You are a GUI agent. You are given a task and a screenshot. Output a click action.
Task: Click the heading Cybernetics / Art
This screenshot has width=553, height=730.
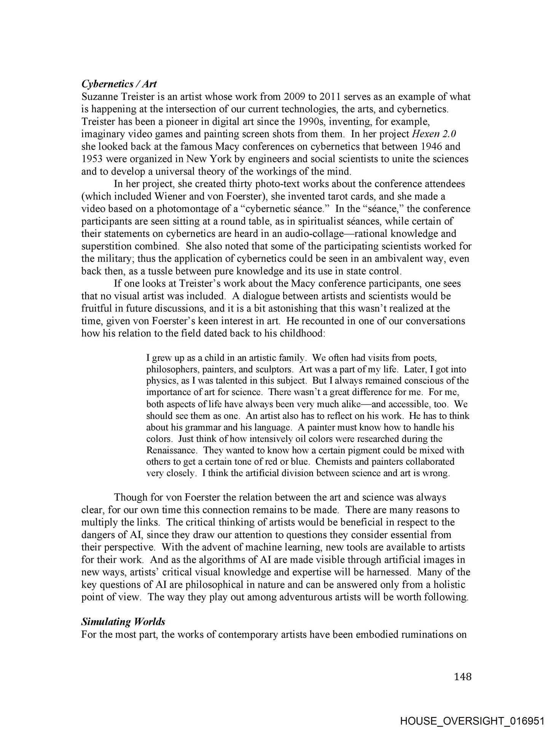click(x=119, y=84)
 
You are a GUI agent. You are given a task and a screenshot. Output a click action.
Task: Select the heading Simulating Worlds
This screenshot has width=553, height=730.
click(x=123, y=622)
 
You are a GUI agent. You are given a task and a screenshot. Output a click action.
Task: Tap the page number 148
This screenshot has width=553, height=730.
click(x=463, y=677)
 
